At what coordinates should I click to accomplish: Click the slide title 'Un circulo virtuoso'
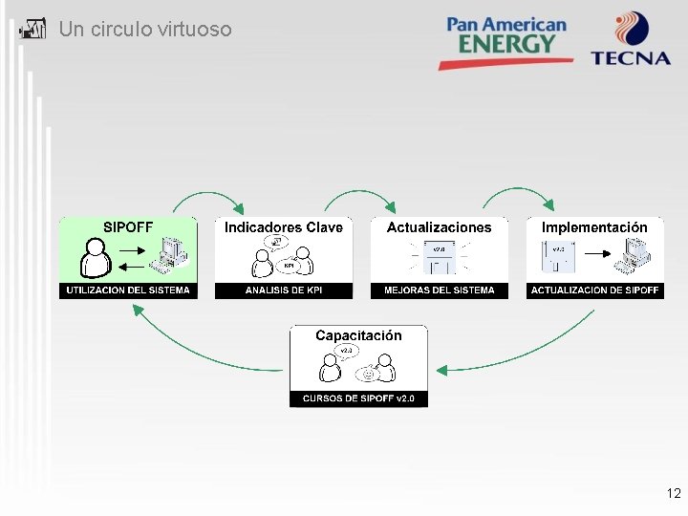144,30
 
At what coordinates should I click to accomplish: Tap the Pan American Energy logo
506,39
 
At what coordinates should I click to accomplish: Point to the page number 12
674,494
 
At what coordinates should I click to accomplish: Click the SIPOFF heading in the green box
128,227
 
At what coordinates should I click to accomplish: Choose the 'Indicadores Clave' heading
284,227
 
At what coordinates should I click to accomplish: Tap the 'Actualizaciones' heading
440,227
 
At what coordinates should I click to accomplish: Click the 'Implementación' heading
594,227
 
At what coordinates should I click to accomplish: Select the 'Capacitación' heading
358,335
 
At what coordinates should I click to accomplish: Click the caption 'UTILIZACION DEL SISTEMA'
128,290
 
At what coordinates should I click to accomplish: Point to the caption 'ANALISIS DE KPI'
284,290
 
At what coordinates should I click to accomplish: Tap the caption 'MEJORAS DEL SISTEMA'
440,290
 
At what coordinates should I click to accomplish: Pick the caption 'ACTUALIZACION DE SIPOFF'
594,290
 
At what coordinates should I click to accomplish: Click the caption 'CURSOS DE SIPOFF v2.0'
358,398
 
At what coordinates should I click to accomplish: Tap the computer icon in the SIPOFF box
173,257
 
